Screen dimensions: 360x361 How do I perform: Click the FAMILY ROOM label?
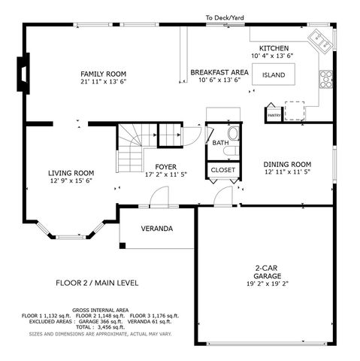103,74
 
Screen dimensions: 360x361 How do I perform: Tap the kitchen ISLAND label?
274,75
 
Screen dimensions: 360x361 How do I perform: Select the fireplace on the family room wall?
23,74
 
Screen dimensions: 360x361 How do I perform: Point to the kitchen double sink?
320,41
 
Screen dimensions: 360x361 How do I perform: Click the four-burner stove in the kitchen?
325,80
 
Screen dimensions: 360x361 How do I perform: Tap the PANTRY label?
274,116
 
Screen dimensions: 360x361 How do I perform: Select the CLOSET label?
223,170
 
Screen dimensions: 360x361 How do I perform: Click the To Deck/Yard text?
225,18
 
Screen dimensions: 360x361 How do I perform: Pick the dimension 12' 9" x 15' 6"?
71,180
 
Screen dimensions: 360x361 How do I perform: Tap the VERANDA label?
157,229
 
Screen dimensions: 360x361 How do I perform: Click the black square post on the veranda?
123,246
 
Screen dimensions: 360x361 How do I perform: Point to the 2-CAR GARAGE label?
267,272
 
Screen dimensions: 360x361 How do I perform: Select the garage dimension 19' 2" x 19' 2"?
268,284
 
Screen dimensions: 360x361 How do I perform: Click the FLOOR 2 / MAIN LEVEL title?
97,283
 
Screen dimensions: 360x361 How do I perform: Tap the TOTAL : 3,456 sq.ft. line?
100,327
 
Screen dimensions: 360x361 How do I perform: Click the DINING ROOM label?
287,165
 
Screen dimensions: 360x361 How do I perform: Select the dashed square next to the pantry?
295,111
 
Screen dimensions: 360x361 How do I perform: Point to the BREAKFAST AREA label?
219,72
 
